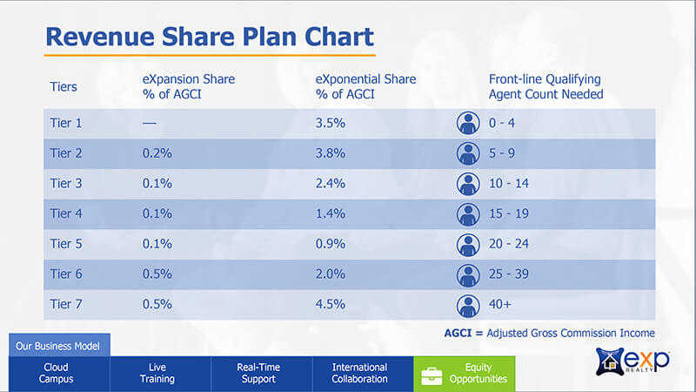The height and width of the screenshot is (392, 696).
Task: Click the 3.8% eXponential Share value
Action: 331,153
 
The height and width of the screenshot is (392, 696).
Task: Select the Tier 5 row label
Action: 66,244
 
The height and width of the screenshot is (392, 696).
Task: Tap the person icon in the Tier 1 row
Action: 468,123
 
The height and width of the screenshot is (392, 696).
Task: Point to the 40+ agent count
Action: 499,304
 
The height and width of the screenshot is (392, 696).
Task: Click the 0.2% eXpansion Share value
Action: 157,153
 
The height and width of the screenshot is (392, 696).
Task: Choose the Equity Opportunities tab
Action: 465,374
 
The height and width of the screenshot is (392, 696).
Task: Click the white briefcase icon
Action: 432,376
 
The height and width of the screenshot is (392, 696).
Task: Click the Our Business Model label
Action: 57,346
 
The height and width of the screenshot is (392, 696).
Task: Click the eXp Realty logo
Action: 632,361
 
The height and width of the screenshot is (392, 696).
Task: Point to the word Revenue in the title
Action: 100,37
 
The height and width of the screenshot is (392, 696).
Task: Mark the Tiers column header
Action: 64,86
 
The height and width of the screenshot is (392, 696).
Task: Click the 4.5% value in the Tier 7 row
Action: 331,304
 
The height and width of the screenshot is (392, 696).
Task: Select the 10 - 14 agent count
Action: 509,184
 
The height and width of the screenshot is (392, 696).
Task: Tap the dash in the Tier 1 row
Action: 149,123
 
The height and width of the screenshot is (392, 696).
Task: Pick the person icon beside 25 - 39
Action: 468,275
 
